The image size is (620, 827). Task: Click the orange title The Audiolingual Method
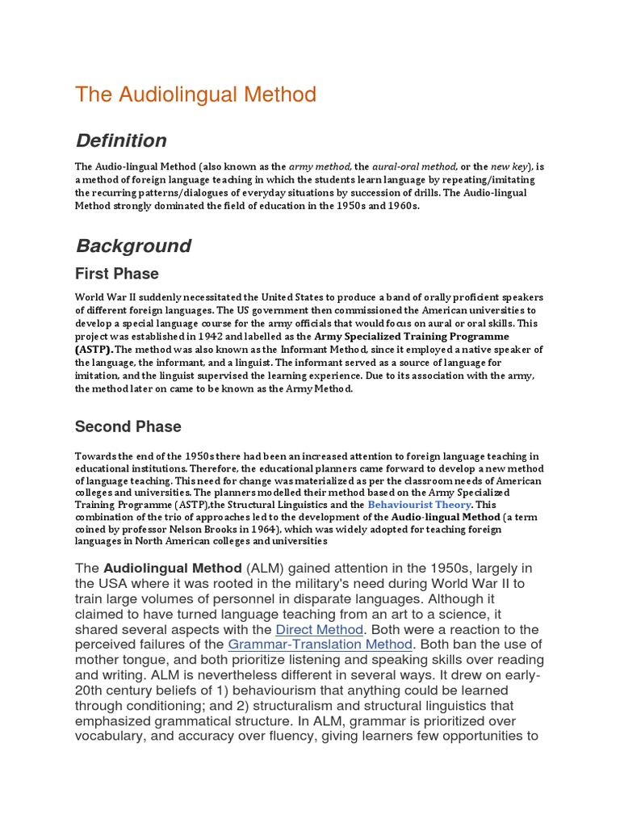pos(195,94)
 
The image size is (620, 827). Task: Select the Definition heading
pos(121,141)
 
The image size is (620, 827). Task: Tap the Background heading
pos(133,246)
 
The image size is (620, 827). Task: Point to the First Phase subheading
pos(117,274)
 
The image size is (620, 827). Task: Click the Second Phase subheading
pos(128,426)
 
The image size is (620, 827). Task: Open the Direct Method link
pos(320,629)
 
